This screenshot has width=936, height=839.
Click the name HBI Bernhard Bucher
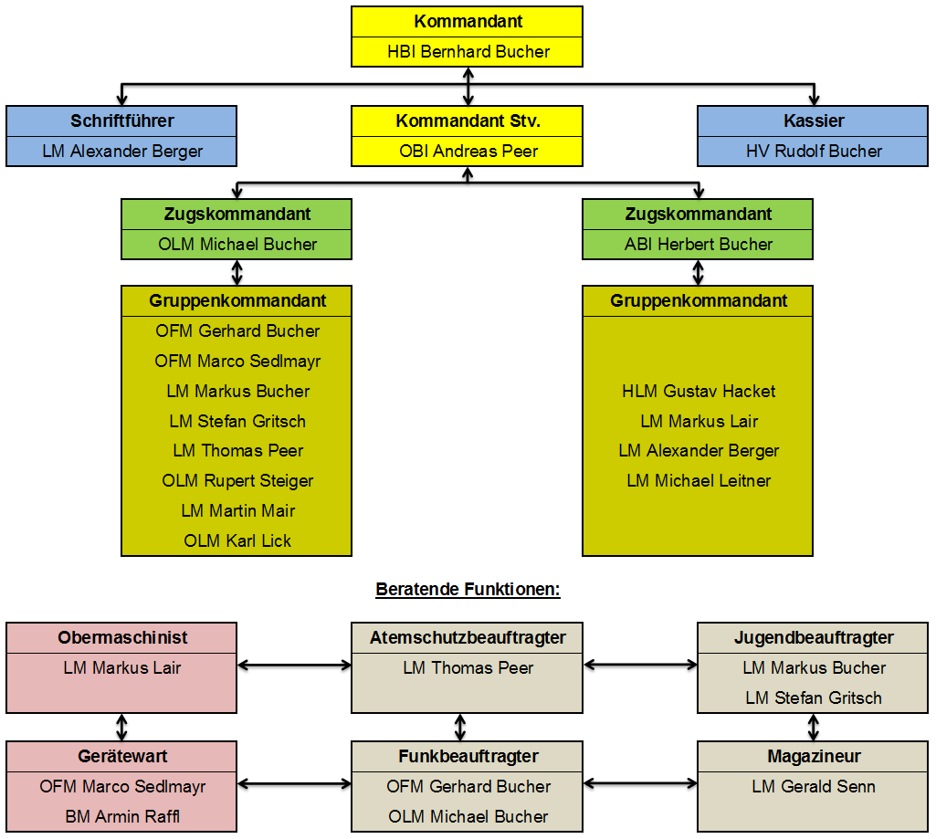(x=468, y=52)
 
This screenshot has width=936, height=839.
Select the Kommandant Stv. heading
(x=468, y=121)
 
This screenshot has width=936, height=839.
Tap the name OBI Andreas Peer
(x=468, y=152)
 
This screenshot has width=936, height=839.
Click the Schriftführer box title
(x=121, y=121)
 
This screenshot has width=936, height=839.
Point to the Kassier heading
(x=814, y=121)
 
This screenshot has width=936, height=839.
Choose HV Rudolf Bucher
(x=814, y=152)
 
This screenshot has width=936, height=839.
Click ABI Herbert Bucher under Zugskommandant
(x=698, y=245)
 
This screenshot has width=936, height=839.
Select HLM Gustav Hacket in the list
(x=699, y=392)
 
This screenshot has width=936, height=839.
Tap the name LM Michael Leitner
(x=699, y=481)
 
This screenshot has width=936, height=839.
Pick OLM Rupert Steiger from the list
(x=237, y=481)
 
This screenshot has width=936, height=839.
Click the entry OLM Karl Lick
(x=237, y=541)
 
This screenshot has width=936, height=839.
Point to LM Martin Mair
(x=237, y=511)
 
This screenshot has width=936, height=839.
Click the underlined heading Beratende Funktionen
(x=468, y=590)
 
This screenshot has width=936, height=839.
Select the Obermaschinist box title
(x=122, y=638)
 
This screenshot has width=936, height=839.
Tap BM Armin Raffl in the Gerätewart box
(x=122, y=817)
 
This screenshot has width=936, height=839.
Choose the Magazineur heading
(x=814, y=757)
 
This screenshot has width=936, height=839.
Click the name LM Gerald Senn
(x=814, y=787)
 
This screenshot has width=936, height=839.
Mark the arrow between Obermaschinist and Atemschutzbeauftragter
(x=294, y=665)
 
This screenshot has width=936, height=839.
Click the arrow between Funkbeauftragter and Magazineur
(x=640, y=783)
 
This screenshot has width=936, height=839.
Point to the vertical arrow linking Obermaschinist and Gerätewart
(x=122, y=728)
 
